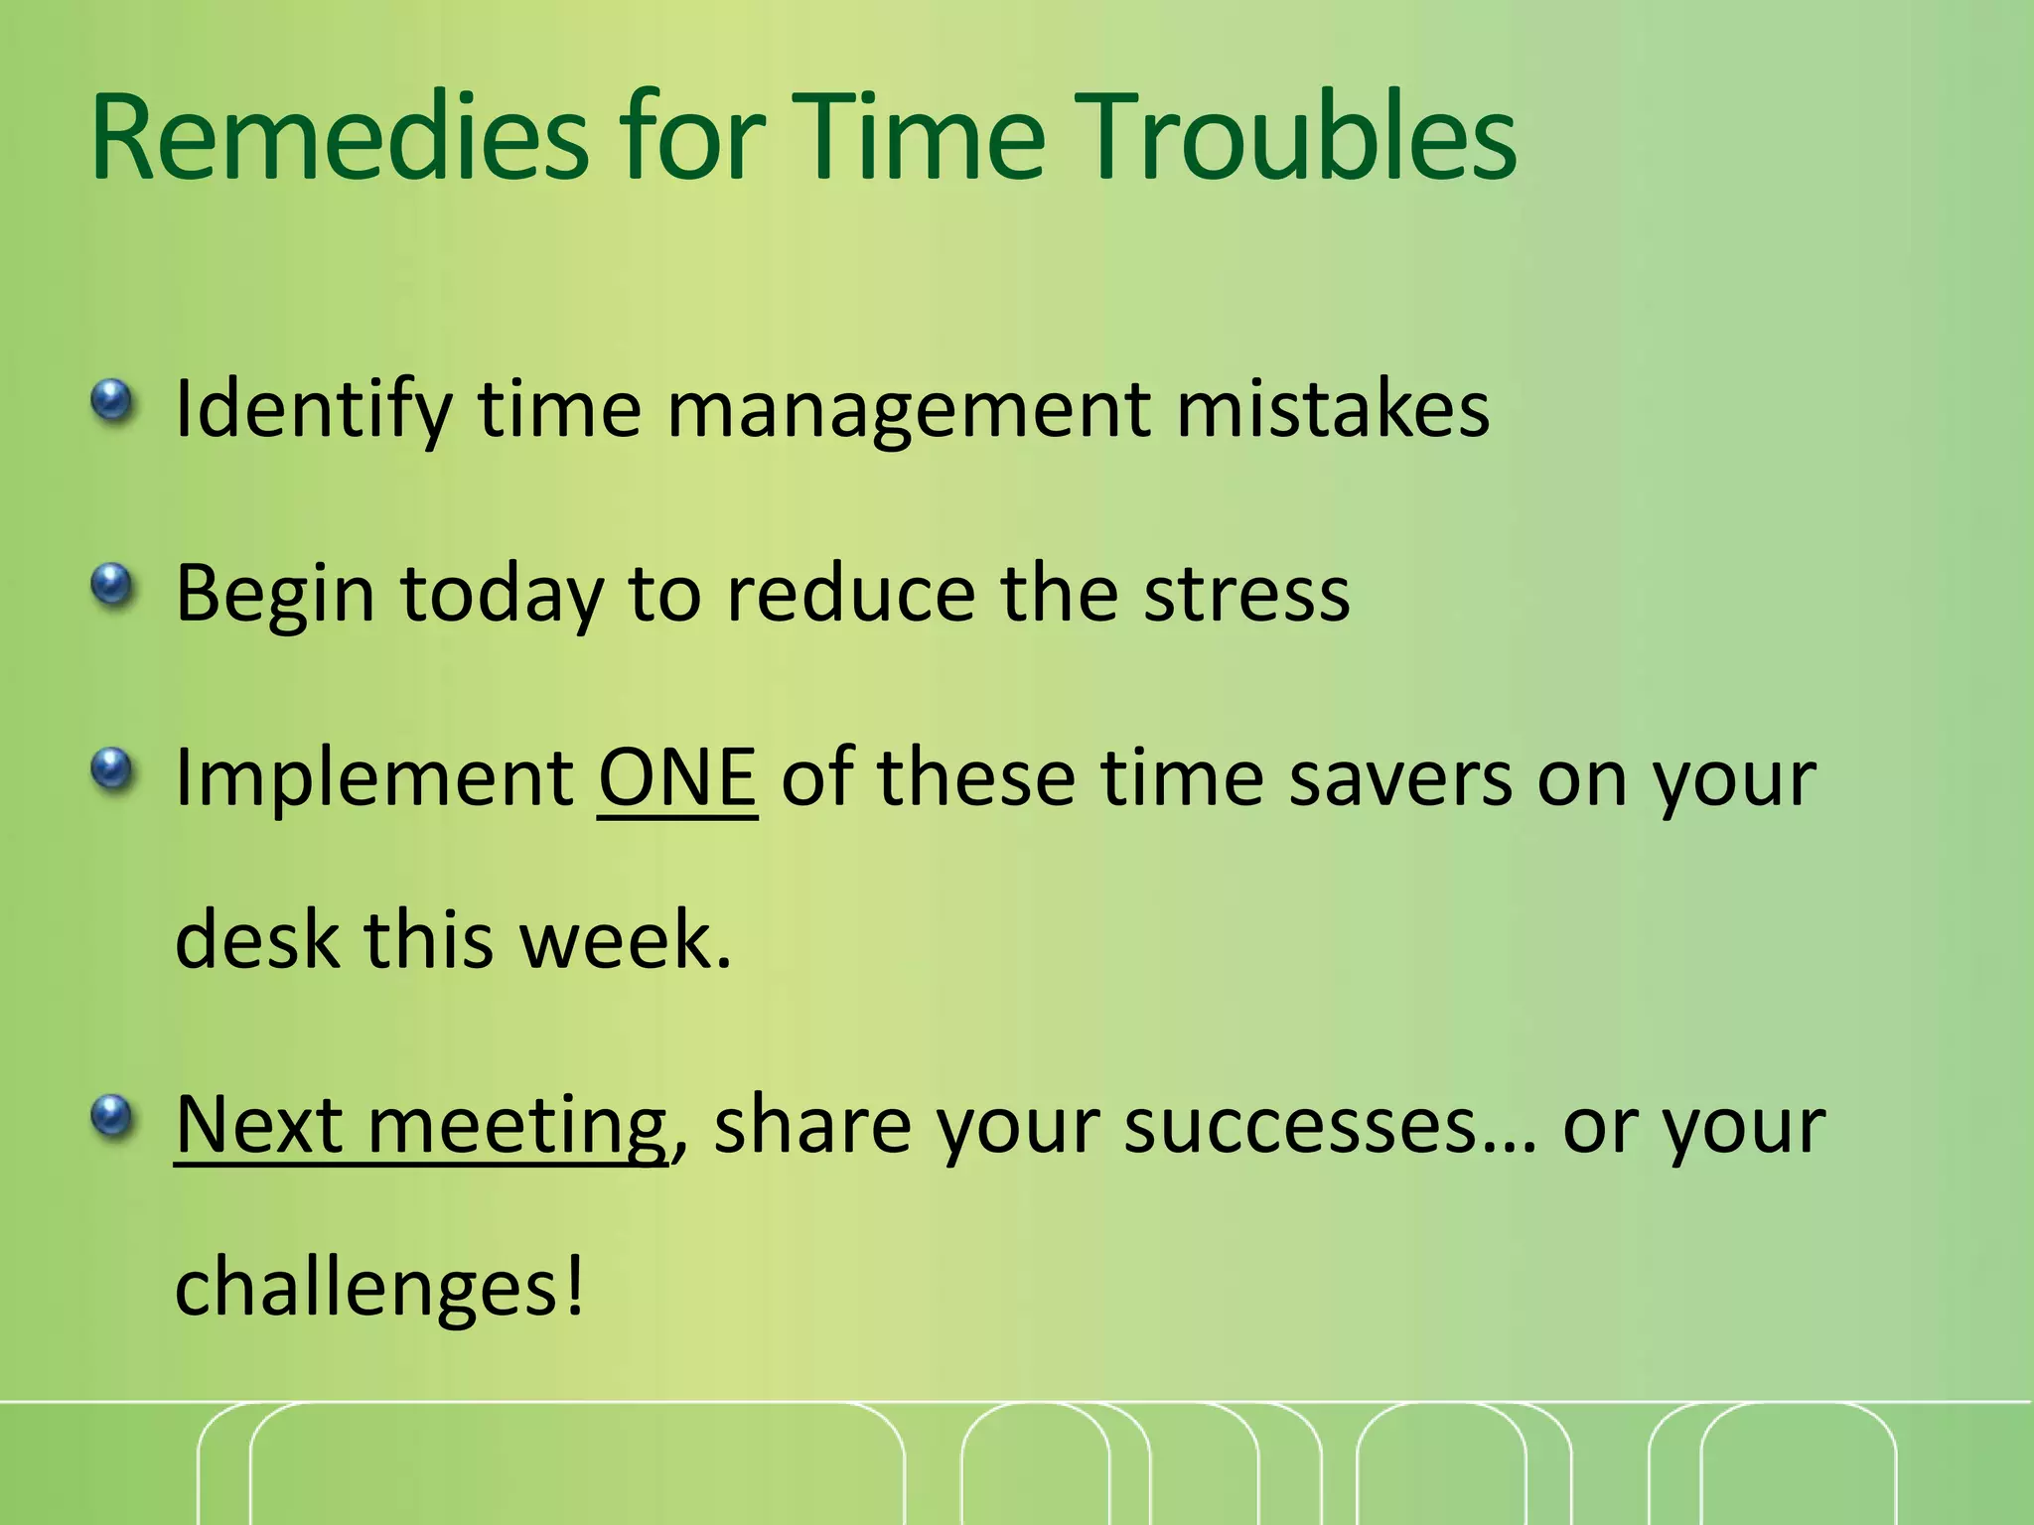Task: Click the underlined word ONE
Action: point(677,777)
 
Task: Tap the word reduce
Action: point(850,594)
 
